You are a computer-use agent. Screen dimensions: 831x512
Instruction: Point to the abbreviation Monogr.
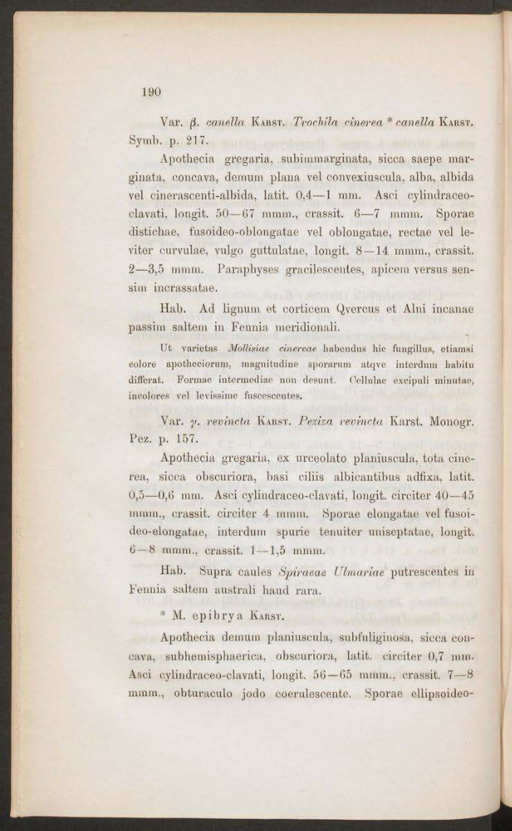click(451, 422)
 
